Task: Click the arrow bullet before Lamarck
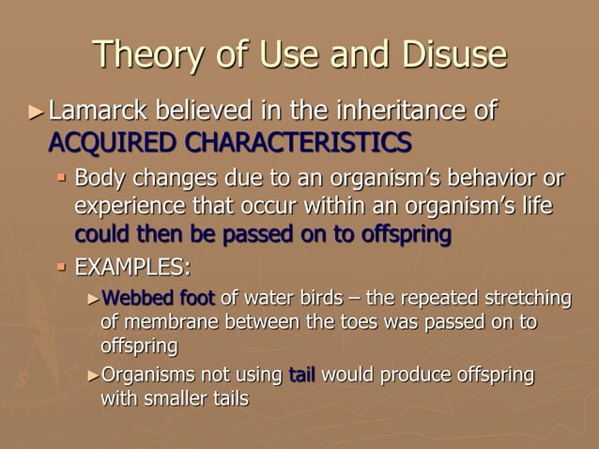(35, 115)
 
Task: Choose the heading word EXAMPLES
(131, 266)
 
